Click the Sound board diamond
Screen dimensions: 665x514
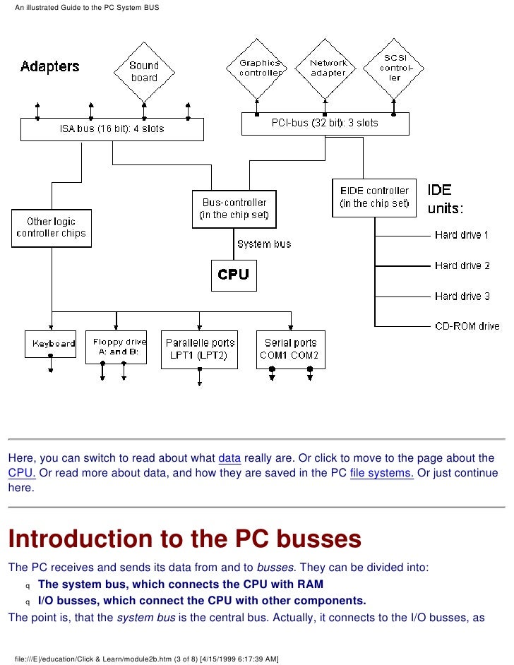(x=144, y=71)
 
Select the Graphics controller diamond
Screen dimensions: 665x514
(x=260, y=68)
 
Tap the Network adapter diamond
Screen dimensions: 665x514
(x=328, y=68)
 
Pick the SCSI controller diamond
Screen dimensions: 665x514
(x=395, y=68)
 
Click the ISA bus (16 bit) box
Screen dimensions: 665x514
(x=112, y=129)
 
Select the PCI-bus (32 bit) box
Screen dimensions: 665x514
(x=325, y=123)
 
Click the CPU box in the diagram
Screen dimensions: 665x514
(x=234, y=275)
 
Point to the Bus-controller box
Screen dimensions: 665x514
(x=234, y=208)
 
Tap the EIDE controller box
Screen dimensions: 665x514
(x=373, y=197)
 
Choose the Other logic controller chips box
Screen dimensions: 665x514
(x=52, y=227)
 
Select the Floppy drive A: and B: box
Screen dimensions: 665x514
(x=116, y=347)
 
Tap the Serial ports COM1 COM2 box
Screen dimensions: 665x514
(x=291, y=349)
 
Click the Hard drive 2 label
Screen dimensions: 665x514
(x=462, y=265)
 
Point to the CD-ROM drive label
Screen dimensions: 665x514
(x=467, y=326)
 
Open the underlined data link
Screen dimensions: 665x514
(x=229, y=458)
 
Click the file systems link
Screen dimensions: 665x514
(x=382, y=472)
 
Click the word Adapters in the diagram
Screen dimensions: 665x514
(x=50, y=67)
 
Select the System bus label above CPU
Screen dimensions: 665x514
(x=264, y=244)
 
